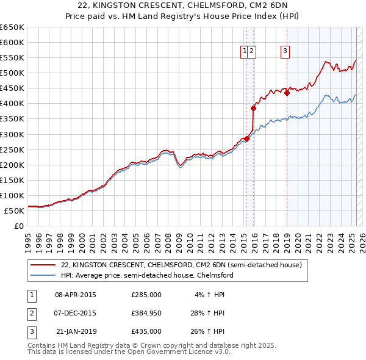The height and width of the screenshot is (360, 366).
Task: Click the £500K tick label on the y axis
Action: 12,73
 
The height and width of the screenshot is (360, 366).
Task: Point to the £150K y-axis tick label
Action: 12,180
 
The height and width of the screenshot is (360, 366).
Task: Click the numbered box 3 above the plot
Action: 285,52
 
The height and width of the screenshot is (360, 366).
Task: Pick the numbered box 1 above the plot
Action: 245,52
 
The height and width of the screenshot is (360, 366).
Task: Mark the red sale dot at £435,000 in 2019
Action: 287,93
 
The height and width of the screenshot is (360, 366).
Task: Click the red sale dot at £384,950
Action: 253,108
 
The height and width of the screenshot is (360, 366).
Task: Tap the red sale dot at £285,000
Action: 246,139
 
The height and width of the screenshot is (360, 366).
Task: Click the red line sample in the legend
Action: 43,265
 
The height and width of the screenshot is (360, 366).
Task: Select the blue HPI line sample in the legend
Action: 43,275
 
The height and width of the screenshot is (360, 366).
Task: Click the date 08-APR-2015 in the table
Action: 76,295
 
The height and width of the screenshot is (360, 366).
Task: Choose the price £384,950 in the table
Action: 146,313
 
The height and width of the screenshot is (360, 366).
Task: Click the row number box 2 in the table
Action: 30,313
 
